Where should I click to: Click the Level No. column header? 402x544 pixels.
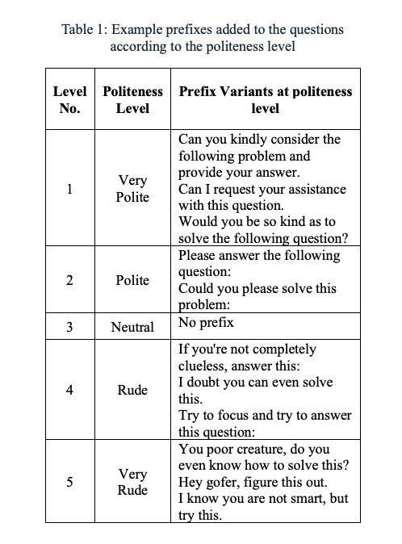(x=69, y=99)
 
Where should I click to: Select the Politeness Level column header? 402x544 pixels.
(x=132, y=99)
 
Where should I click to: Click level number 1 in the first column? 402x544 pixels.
(x=69, y=190)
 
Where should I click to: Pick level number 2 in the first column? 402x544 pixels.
(x=69, y=280)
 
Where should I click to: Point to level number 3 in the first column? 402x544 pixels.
(x=69, y=328)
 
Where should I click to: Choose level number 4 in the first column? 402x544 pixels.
(x=69, y=390)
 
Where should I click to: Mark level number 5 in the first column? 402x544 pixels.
(x=69, y=482)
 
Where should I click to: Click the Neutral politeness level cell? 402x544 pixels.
(x=132, y=328)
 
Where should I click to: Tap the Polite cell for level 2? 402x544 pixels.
(x=132, y=280)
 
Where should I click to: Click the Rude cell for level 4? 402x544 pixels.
(x=132, y=390)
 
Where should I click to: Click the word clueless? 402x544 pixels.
(x=205, y=366)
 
